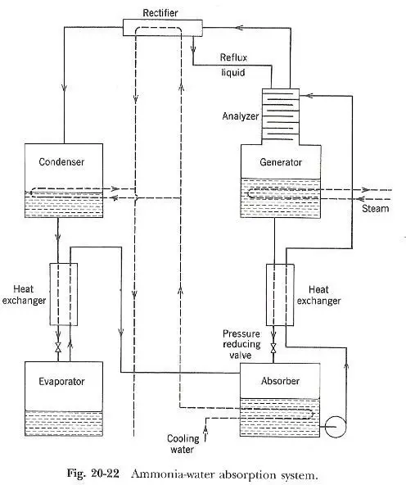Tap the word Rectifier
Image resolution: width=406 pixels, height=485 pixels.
click(x=160, y=13)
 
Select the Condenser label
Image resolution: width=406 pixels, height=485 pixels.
click(x=61, y=161)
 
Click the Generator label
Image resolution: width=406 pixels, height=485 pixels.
click(x=281, y=162)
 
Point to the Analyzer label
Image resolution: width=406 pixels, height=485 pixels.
click(x=241, y=116)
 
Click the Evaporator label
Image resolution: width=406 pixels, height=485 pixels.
click(x=61, y=382)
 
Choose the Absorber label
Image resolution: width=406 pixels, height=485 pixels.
click(x=280, y=381)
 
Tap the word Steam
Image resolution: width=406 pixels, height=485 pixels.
click(x=376, y=208)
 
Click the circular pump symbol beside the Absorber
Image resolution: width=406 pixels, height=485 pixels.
click(x=336, y=427)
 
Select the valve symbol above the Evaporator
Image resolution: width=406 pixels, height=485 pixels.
click(x=58, y=347)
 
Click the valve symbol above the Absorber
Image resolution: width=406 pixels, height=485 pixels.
click(x=273, y=348)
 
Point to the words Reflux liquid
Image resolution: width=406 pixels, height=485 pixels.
click(x=233, y=65)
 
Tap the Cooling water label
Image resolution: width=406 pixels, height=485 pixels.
click(x=183, y=444)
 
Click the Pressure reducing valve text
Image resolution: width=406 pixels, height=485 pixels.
click(x=241, y=344)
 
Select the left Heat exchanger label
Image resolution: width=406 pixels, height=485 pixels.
click(x=24, y=295)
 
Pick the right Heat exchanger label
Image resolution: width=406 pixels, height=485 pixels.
click(x=318, y=295)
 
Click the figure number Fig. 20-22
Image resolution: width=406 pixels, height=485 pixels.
click(x=93, y=474)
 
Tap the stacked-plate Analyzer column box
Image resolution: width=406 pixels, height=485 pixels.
click(x=281, y=114)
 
